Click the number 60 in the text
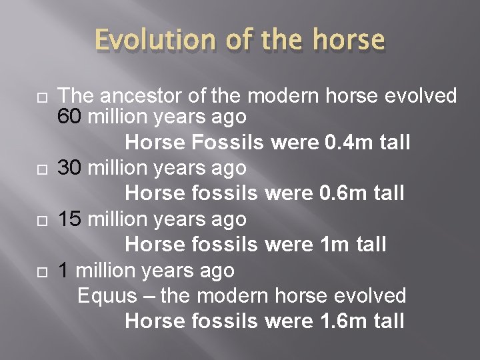[70, 117]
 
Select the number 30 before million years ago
[70, 168]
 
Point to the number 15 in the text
[70, 219]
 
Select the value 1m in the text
[330, 245]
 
